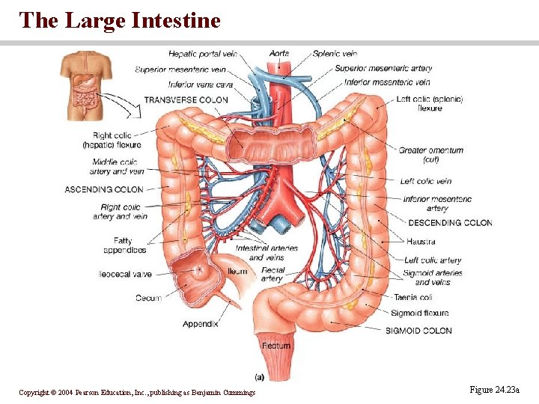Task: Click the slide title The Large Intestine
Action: (x=121, y=20)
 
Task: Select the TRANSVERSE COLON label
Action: (x=186, y=100)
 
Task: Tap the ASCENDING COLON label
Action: (x=104, y=189)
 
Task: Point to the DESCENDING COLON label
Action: (x=450, y=222)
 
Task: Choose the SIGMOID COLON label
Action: (x=418, y=330)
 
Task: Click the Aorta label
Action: (x=278, y=54)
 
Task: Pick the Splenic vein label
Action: (x=335, y=54)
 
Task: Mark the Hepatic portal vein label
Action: (x=202, y=54)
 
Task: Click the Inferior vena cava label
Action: (x=201, y=85)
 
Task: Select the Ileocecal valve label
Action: (x=125, y=275)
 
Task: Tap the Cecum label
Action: (x=148, y=298)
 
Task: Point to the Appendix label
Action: (x=201, y=324)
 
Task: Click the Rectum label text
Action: (x=276, y=346)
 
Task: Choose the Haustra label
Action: (x=421, y=242)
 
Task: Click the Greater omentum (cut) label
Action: (x=430, y=155)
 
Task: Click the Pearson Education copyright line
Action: (x=137, y=392)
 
